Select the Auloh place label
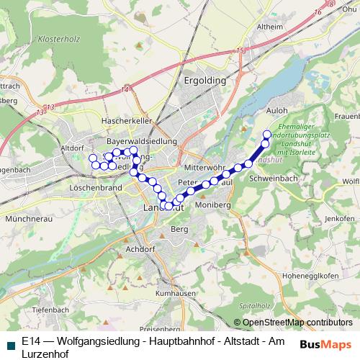click(276, 111)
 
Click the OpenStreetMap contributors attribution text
click(297, 323)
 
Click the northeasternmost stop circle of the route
click(267, 134)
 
